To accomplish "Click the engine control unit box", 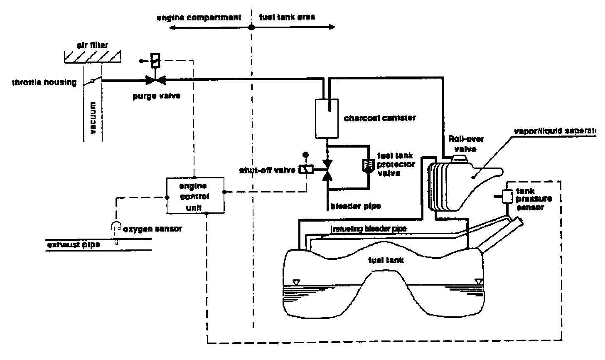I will click(x=195, y=195).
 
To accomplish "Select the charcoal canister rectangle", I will click(x=327, y=118).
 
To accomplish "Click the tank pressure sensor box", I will click(x=507, y=196).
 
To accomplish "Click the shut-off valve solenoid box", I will click(x=306, y=170).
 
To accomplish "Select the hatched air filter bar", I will click(x=92, y=57).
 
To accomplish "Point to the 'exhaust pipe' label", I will click(x=73, y=244).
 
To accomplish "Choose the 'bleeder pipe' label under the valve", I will click(x=356, y=206).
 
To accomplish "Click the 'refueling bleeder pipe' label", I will click(x=369, y=229).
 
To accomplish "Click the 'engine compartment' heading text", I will click(x=199, y=18).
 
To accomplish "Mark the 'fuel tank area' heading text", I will click(x=287, y=17).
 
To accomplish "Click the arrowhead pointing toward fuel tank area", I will click(x=332, y=27).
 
